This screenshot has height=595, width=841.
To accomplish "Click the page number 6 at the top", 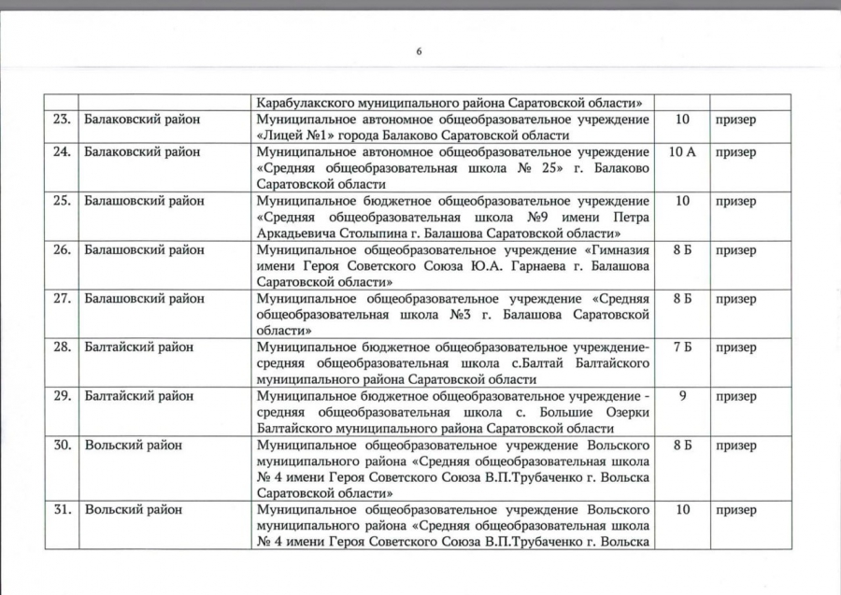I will (419, 51).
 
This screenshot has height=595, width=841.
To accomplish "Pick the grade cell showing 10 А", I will (683, 152).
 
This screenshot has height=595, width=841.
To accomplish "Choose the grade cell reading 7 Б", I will (683, 347).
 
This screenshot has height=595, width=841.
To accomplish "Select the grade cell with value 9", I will (683, 396).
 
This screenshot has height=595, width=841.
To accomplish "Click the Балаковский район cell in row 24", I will (141, 152).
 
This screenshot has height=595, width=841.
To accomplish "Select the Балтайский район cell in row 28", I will (138, 347).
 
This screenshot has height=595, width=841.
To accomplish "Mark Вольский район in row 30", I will (132, 445).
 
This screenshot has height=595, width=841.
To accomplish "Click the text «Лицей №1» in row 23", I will (291, 135).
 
